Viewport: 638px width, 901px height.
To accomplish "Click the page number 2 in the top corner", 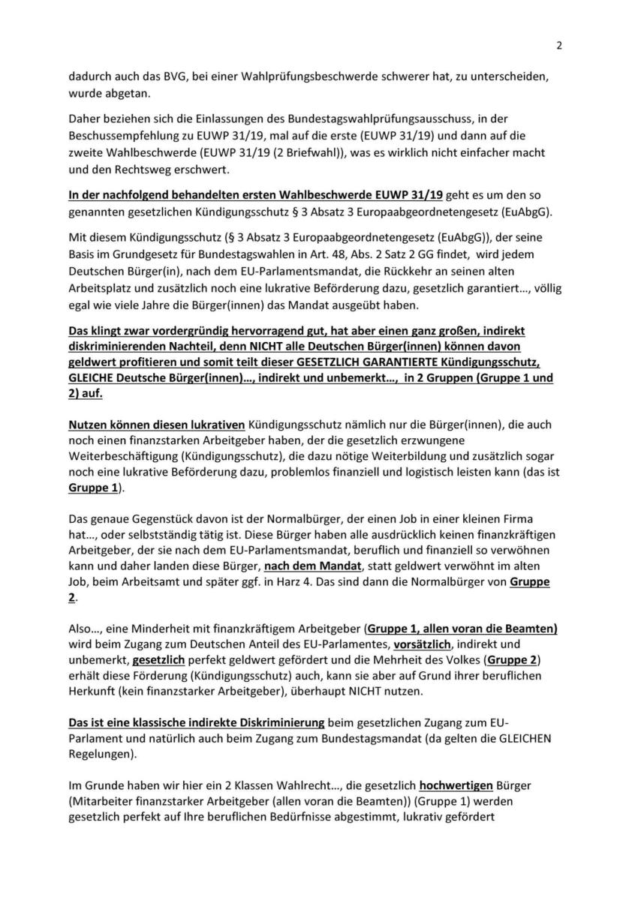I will pyautogui.click(x=559, y=44).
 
